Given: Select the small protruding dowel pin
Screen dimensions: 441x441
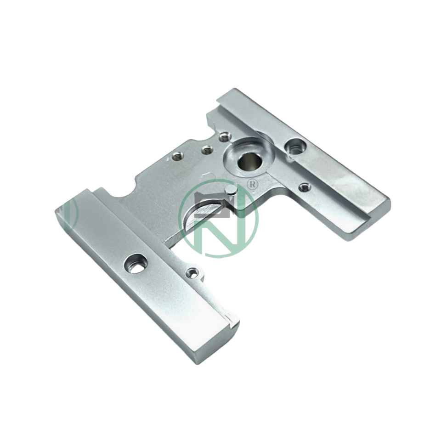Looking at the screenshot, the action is [x=231, y=190].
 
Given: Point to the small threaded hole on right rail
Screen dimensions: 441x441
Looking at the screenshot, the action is [x=304, y=187].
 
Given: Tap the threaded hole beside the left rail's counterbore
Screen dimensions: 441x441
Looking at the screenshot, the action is [x=192, y=272].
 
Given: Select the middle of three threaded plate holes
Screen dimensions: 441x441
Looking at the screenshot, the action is [x=207, y=150].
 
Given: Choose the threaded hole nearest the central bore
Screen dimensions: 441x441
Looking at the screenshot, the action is [x=225, y=137].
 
